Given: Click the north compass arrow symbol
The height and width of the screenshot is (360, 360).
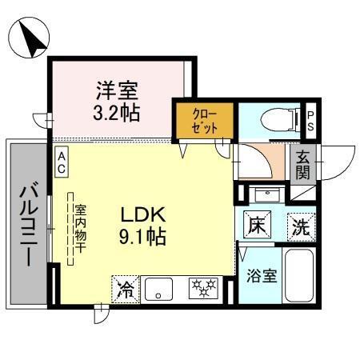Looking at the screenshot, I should (29, 40).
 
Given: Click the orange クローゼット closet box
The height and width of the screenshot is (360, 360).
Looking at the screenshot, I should (203, 121).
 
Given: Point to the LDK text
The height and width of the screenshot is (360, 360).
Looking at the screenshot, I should (142, 214).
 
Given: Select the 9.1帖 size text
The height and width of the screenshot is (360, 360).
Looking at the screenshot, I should (142, 238).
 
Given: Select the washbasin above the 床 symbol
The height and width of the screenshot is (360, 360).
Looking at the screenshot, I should (266, 194).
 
